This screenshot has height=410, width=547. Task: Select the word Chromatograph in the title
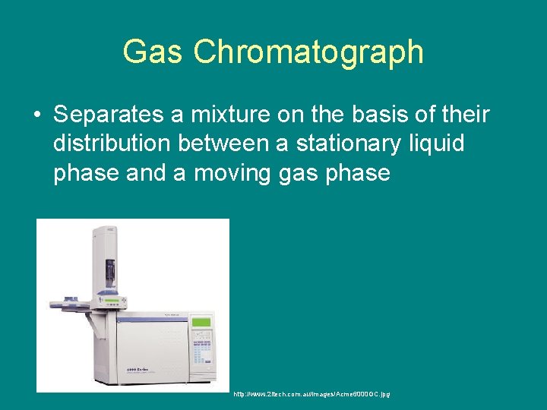coord(308,52)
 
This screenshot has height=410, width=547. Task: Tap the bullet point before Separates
coord(36,116)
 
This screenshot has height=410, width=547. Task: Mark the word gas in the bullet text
coord(301,173)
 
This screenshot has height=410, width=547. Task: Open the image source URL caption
coord(311,394)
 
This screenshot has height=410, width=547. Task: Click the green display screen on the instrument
coord(201,322)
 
